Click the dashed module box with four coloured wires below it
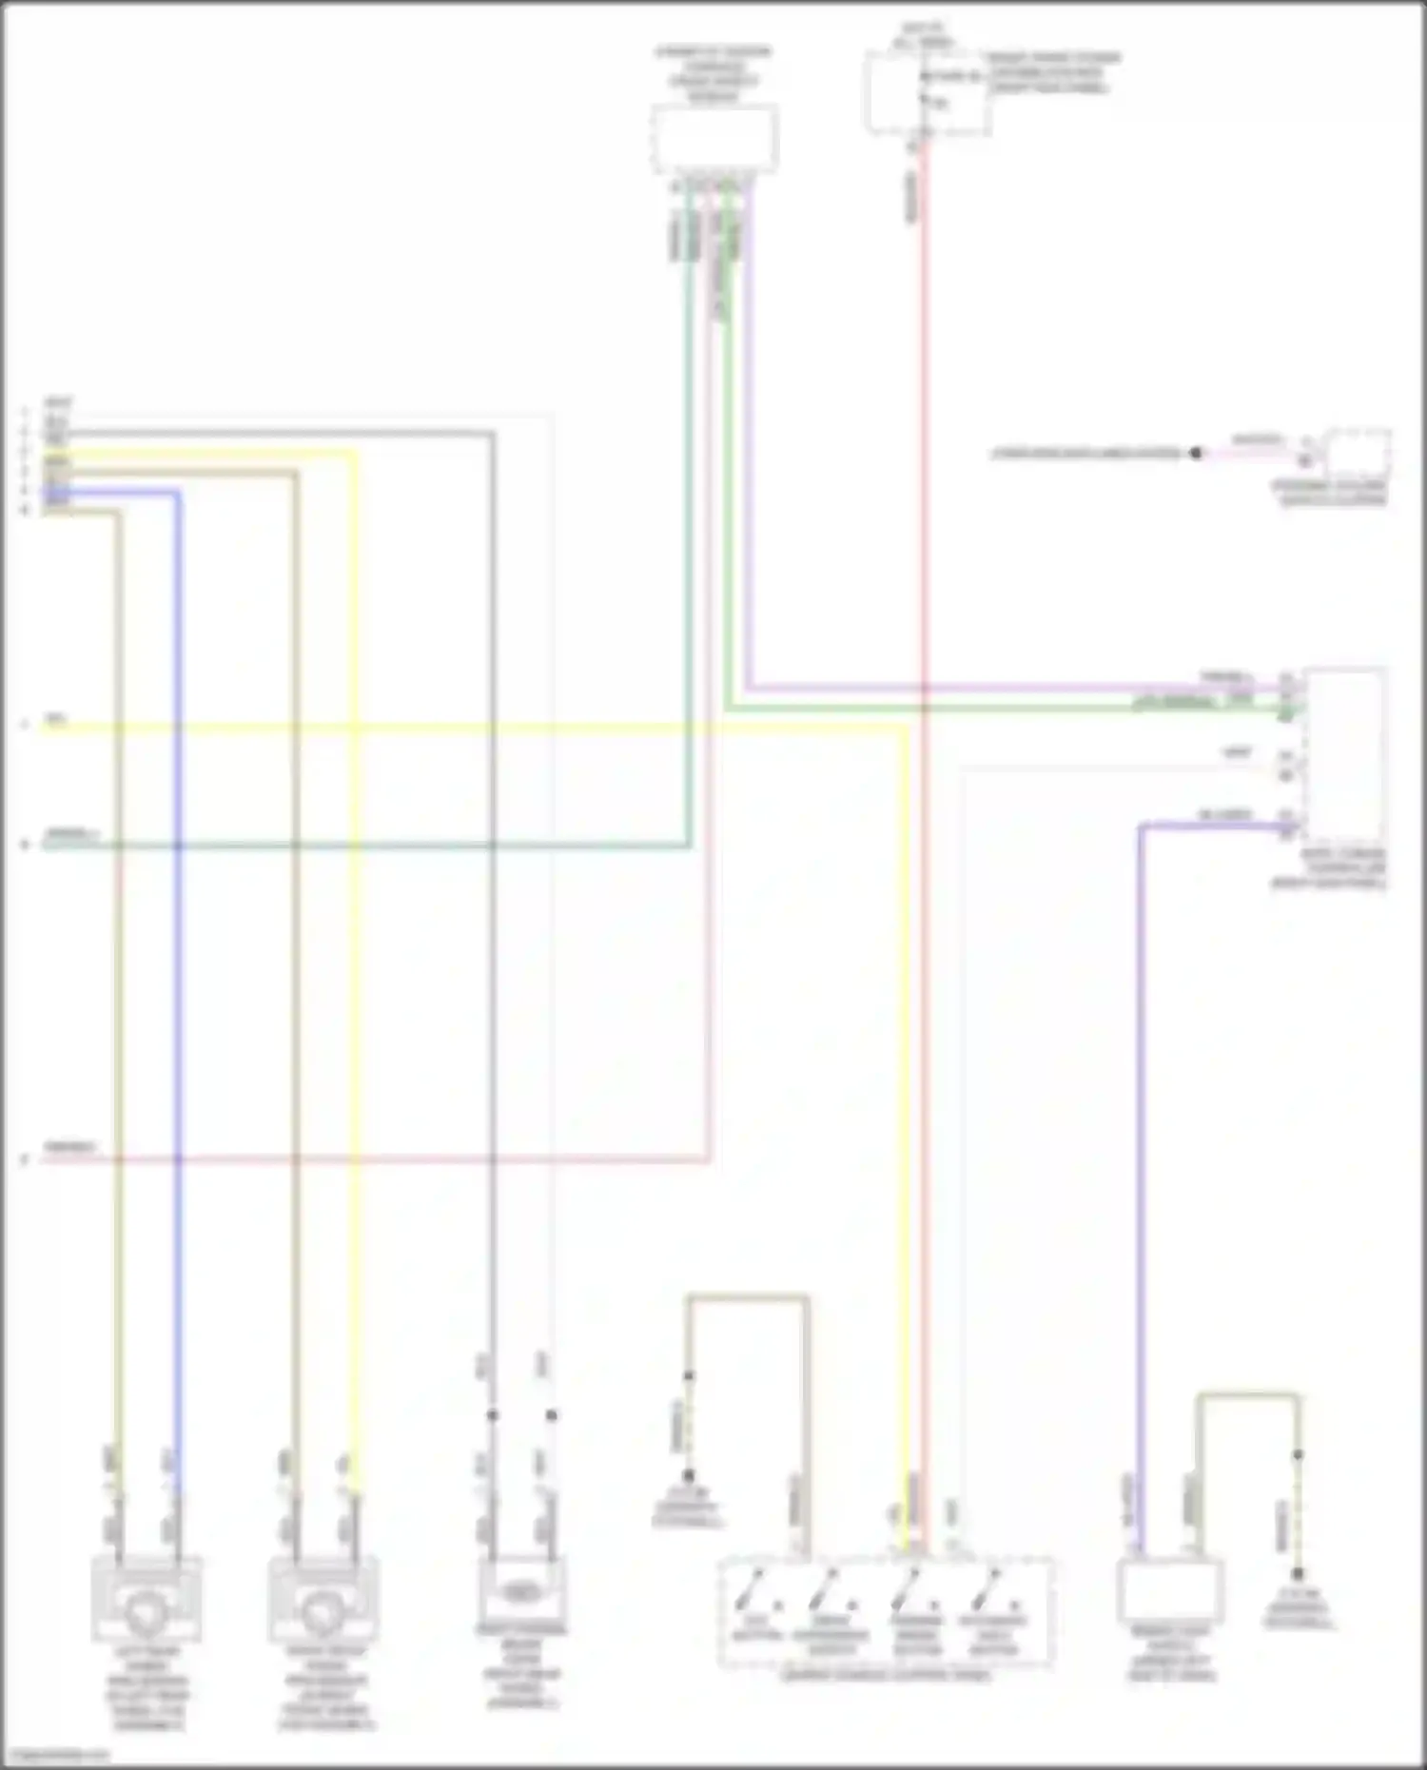click(714, 139)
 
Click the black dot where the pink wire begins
click(1196, 454)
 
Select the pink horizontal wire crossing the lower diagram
click(381, 1159)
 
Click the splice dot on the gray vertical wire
click(492, 1415)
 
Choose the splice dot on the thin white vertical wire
click(551, 1415)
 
